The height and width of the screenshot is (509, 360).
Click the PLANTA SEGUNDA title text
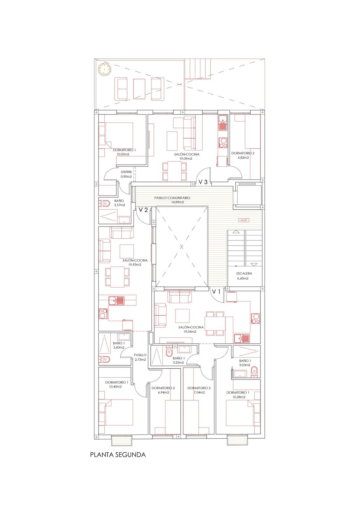[118, 455]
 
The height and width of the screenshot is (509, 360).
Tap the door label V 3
[203, 182]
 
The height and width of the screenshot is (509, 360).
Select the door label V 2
[143, 210]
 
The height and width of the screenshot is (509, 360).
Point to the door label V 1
[216, 291]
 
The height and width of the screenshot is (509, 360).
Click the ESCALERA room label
[244, 273]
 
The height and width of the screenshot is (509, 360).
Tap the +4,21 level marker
[244, 220]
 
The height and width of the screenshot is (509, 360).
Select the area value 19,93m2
[135, 264]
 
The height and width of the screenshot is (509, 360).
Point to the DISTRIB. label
[126, 172]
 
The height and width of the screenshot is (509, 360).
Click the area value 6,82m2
[243, 157]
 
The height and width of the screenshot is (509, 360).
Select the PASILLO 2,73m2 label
[140, 357]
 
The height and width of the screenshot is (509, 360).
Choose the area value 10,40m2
[115, 387]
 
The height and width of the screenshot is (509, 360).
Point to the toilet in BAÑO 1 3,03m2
[254, 371]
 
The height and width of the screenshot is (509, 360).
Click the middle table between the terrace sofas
[139, 88]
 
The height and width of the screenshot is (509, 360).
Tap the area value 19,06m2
[190, 331]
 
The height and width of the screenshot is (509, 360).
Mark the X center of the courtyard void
[182, 247]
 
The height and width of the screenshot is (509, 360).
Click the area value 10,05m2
[123, 154]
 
